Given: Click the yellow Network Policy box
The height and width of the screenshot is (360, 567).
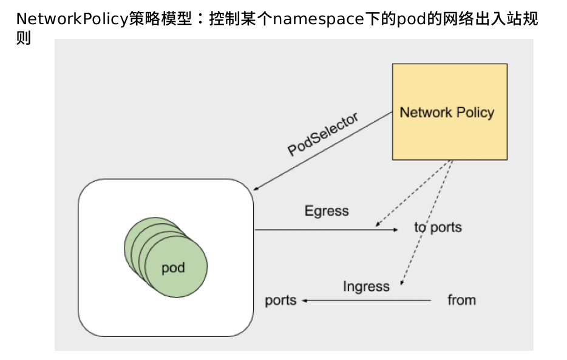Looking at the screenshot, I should point(449,133).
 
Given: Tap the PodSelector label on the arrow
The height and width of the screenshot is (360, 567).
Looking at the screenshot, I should point(323,134).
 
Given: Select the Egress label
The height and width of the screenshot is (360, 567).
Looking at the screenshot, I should point(327,211).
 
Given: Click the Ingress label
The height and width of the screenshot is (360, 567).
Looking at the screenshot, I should point(366,286).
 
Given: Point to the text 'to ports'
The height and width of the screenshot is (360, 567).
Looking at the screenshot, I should point(438,227).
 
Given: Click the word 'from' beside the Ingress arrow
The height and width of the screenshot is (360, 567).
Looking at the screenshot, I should point(461,300).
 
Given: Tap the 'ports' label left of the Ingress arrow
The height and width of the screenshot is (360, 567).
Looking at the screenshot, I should point(280,300).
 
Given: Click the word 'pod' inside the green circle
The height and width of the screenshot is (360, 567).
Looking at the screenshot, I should point(173,268).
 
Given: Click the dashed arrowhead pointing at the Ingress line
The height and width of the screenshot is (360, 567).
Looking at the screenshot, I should point(402,282).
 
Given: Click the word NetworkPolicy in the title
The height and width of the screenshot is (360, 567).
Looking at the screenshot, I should point(72,19).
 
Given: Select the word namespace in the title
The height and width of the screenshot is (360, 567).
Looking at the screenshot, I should point(316,19).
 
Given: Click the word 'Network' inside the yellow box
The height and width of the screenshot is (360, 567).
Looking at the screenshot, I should point(426,113).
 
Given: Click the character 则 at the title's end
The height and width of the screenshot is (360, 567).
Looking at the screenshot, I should point(23,39).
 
